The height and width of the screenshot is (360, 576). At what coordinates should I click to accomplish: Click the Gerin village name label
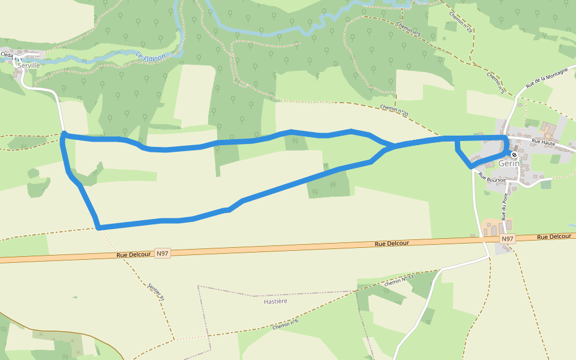509,164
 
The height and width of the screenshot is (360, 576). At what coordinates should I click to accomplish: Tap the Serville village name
29,65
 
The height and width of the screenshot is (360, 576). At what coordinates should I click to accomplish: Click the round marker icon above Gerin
514,155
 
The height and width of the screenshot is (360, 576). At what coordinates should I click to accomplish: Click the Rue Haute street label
544,142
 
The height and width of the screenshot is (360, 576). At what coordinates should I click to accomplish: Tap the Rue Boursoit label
492,177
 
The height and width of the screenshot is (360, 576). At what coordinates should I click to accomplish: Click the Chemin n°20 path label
394,111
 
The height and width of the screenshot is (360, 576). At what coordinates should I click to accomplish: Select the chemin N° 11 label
400,280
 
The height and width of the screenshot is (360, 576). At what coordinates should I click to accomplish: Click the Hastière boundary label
275,301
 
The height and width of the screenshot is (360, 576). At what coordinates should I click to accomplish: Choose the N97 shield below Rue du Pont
508,239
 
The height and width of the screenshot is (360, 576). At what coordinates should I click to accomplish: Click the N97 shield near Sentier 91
163,253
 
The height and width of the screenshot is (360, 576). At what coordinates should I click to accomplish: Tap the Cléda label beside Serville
7,55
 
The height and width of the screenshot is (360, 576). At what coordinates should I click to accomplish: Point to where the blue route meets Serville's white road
64,134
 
